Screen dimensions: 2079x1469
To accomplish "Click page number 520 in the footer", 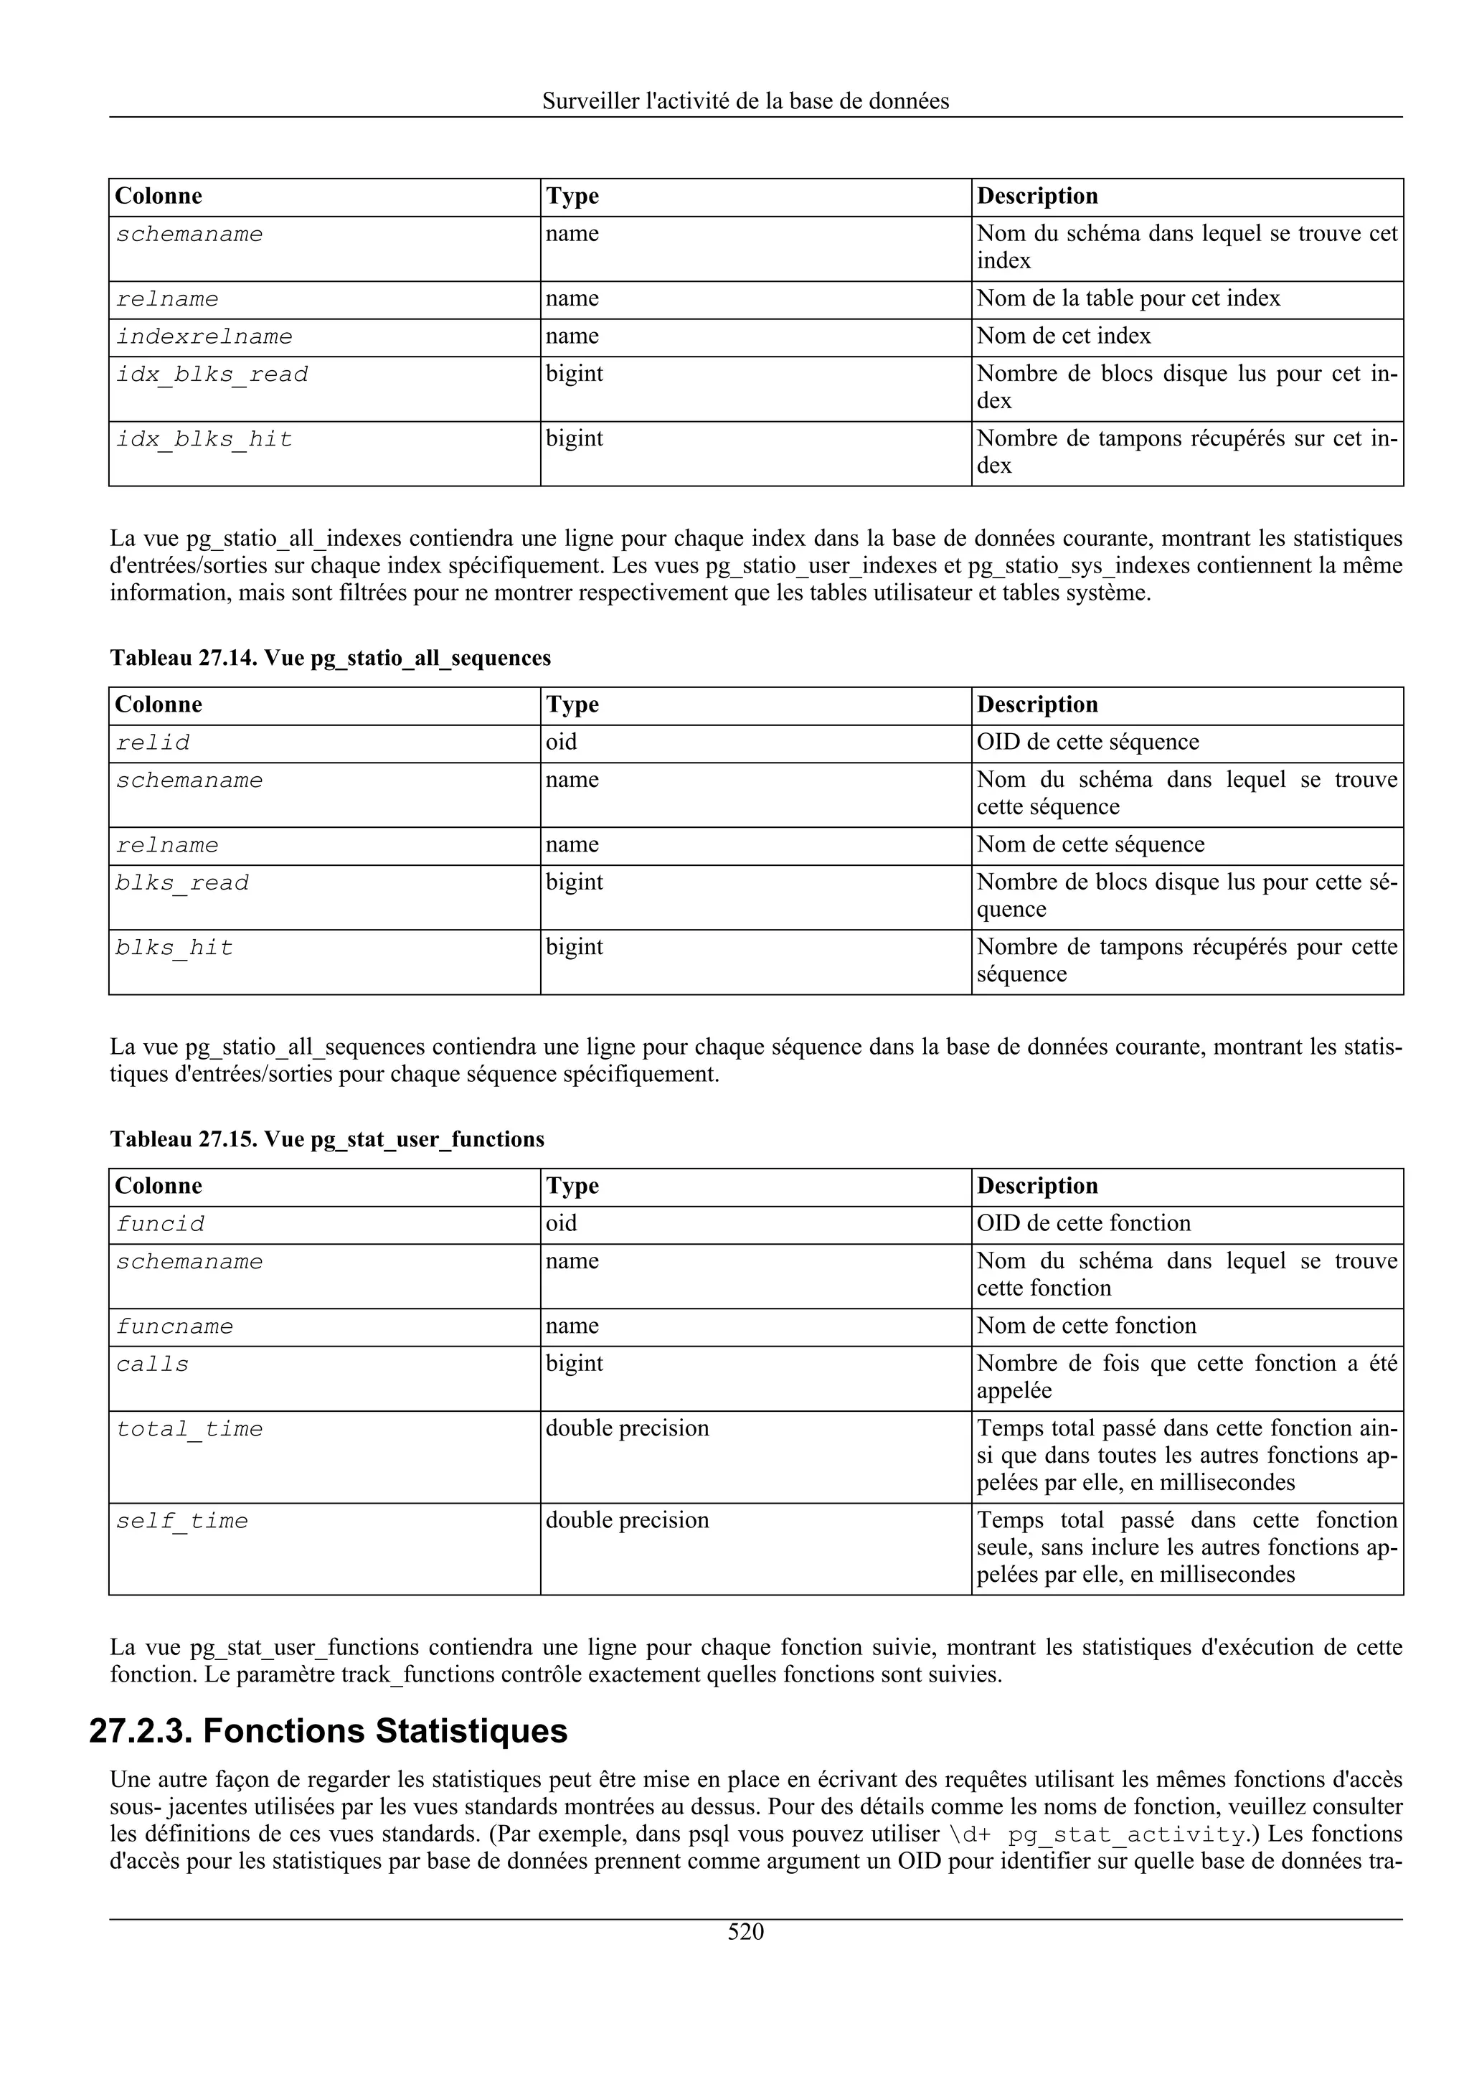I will tap(745, 1933).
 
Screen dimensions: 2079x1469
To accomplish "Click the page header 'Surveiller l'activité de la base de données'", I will tap(745, 101).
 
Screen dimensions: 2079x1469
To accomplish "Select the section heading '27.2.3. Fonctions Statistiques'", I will tap(328, 1730).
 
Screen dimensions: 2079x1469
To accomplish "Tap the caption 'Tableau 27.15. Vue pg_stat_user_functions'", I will tap(327, 1139).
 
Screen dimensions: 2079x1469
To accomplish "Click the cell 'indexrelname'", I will tap(204, 337).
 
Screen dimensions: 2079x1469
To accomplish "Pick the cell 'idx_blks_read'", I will tap(212, 375).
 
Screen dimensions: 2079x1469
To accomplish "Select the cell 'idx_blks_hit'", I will tap(204, 440).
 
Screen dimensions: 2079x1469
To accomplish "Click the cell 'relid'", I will tap(153, 743).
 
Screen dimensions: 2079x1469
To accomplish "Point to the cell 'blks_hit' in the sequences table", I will tap(175, 948).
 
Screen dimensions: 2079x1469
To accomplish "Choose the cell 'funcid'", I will tap(160, 1224).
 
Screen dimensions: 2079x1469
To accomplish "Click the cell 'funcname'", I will tap(175, 1327).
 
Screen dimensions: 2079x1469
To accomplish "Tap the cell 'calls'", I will tap(153, 1365).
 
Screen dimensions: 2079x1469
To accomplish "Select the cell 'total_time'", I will tap(189, 1430).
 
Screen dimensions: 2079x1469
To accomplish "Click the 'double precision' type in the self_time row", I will tap(626, 1520).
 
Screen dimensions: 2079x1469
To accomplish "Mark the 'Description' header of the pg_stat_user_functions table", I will tap(1037, 1186).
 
